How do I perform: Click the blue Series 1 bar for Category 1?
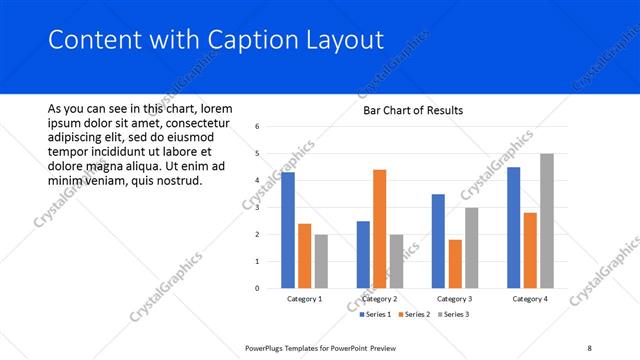[x=288, y=230]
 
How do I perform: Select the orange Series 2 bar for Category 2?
[x=379, y=229]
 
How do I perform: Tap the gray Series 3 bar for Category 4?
[x=546, y=221]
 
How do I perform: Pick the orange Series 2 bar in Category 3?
[x=455, y=264]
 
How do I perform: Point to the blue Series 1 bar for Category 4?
[x=513, y=228]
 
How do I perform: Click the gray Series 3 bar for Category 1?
[x=321, y=261]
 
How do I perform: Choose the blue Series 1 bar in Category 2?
[x=363, y=254]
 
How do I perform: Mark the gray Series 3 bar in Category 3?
[x=471, y=248]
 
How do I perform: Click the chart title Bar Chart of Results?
[x=412, y=110]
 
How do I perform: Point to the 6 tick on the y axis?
[x=258, y=127]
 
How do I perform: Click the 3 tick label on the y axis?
[x=258, y=208]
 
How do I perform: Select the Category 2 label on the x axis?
[x=379, y=298]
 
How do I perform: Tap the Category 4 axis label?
[x=529, y=298]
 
